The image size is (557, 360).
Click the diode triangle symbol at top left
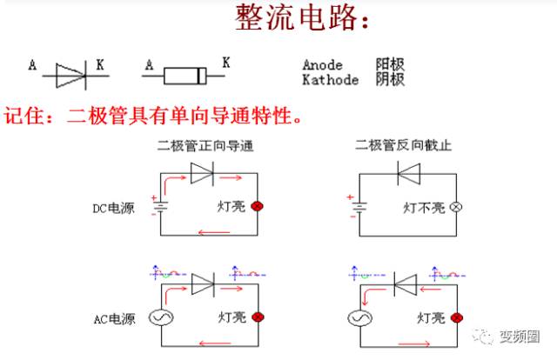coord(70,75)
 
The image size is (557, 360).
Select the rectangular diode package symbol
coord(185,76)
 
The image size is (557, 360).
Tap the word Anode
coord(322,65)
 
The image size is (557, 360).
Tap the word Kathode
coord(330,80)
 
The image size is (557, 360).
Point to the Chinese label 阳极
coord(390,65)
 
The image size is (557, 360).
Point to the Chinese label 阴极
coord(390,80)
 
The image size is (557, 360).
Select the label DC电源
coord(114,208)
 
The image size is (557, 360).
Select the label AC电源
coord(114,319)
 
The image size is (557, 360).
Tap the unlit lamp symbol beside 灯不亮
coord(453,208)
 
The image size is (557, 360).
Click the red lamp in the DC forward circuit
coord(257,207)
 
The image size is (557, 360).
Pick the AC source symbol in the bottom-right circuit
coord(358,318)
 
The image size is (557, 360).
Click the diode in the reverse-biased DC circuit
coord(405,174)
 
